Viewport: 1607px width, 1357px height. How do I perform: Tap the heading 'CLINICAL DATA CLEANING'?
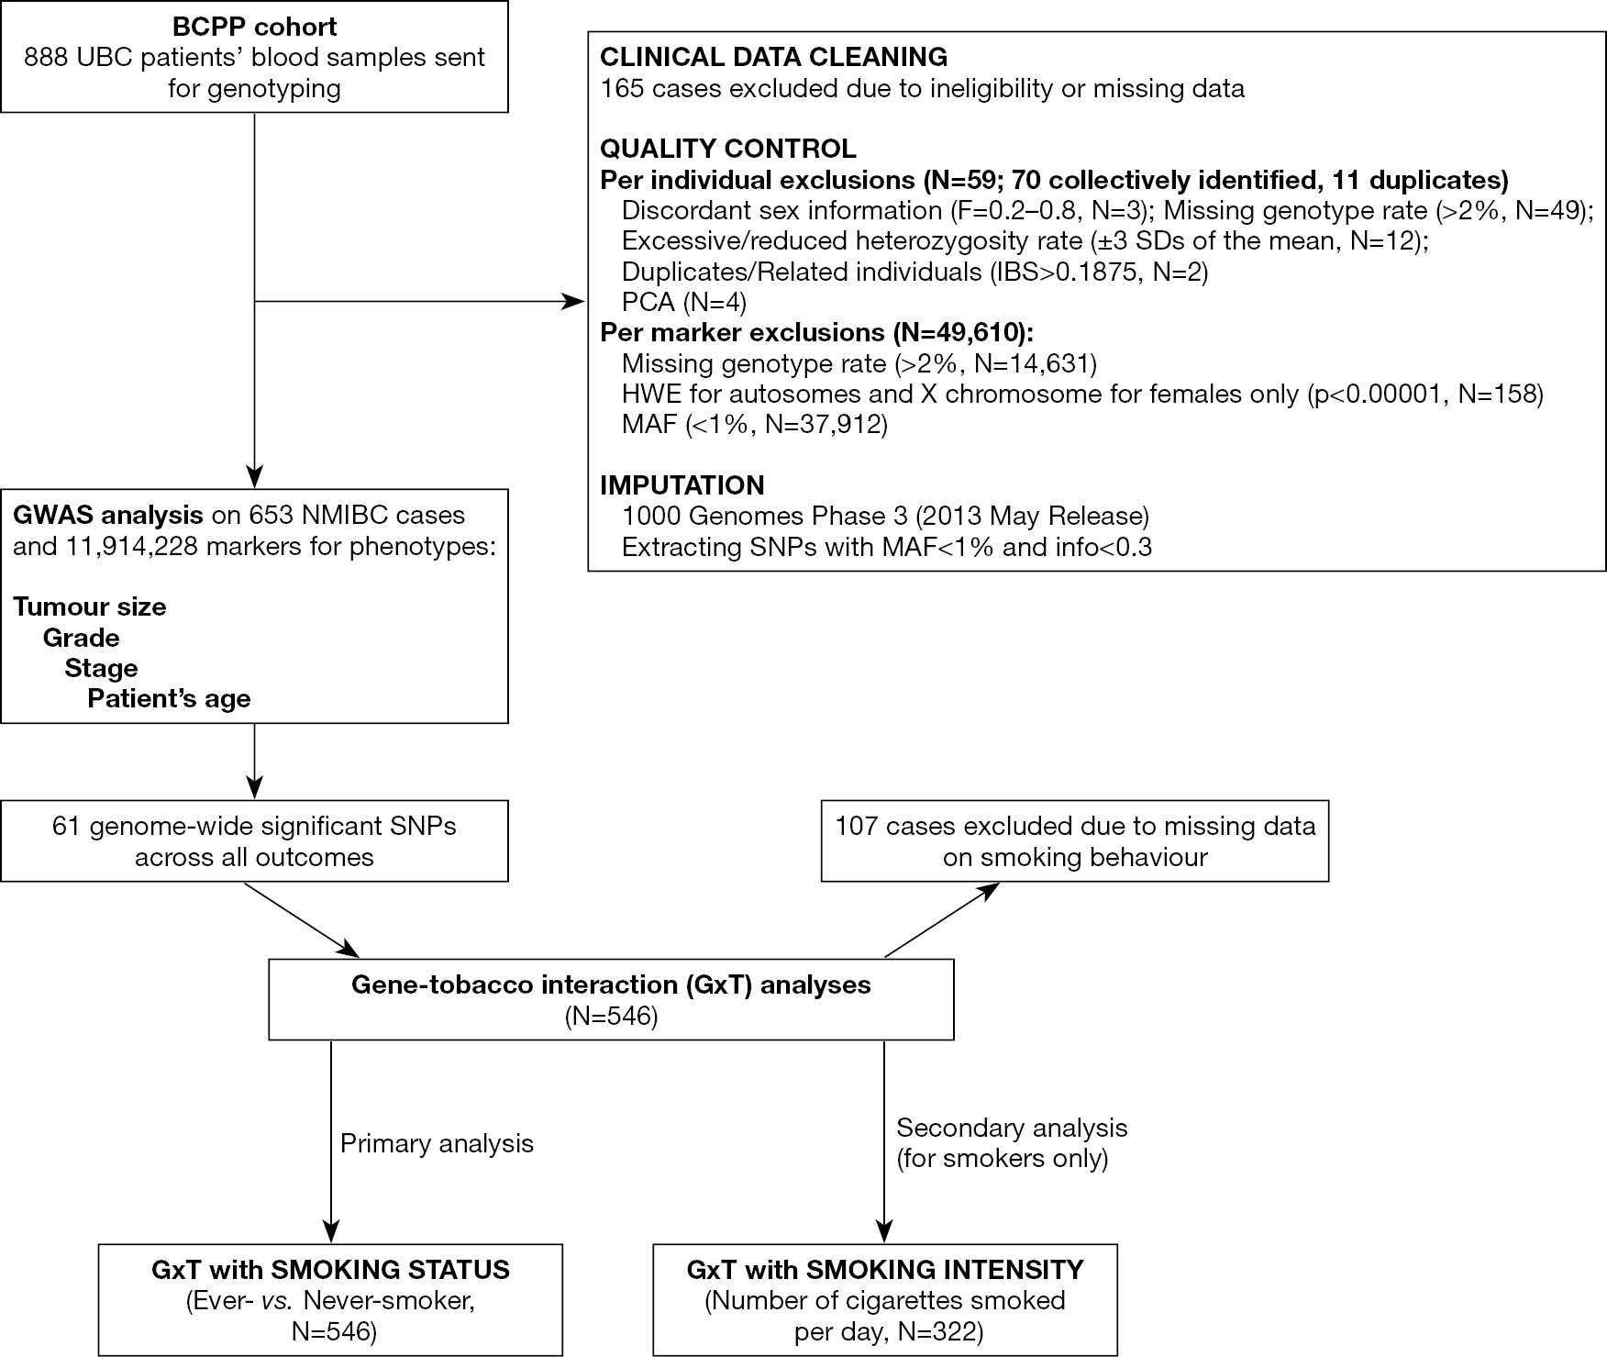click(773, 57)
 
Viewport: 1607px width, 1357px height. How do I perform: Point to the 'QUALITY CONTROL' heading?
click(728, 149)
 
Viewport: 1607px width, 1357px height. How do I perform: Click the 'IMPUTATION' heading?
click(682, 484)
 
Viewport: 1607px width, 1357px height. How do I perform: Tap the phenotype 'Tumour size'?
click(90, 607)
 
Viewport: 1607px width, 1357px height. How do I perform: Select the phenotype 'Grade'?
click(82, 638)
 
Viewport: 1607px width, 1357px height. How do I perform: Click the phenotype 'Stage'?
click(101, 668)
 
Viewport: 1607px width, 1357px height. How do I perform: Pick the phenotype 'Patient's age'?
click(169, 699)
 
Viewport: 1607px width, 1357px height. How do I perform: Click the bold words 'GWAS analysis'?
click(108, 516)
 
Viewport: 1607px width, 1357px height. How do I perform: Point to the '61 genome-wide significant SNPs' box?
click(254, 841)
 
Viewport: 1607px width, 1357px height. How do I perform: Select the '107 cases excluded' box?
click(1075, 841)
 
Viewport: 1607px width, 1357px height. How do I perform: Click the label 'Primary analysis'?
click(437, 1143)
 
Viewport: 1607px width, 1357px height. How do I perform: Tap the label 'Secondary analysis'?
click(1012, 1128)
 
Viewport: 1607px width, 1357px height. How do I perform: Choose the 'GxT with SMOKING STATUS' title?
click(330, 1270)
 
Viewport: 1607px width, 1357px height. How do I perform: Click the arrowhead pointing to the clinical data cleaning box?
click(574, 301)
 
